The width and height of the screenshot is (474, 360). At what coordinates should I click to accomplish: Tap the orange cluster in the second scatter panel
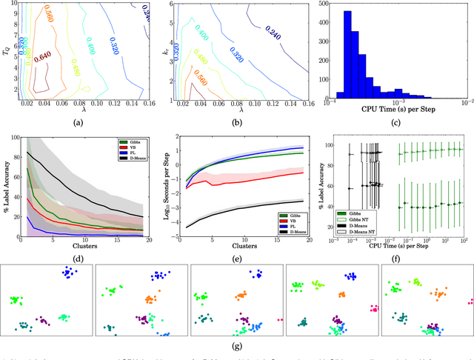(x=151, y=299)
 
